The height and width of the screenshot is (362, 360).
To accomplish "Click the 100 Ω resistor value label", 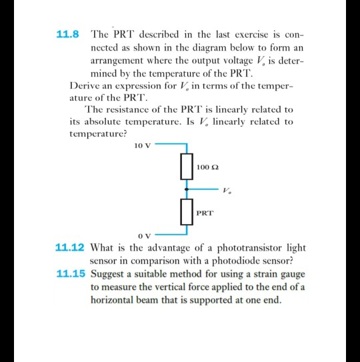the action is [x=208, y=165].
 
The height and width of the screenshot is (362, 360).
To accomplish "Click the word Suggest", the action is [x=107, y=273].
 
